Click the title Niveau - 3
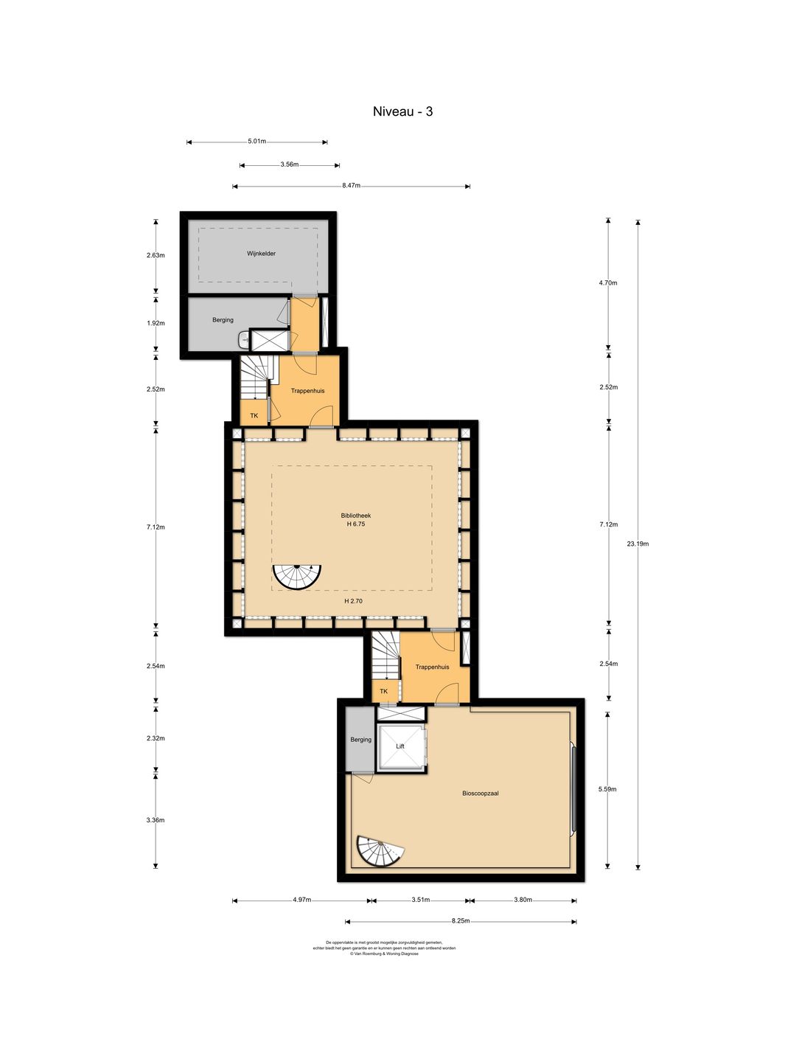coord(402,112)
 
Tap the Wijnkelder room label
coord(261,254)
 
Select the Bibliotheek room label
coord(356,516)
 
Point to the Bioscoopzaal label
coord(481,794)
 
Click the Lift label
coord(400,746)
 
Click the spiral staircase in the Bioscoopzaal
coord(379,852)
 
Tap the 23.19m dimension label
coord(638,544)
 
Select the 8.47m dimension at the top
coord(351,186)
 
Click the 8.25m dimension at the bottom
coord(461,921)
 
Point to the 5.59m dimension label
coord(607,789)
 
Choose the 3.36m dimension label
coord(156,820)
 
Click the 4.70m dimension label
coord(608,282)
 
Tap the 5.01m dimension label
coord(256,142)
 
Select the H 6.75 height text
coord(356,524)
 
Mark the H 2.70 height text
coord(353,601)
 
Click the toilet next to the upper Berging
coord(244,340)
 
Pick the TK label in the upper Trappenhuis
coord(254,416)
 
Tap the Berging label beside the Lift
coord(361,740)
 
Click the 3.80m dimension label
coord(523,900)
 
